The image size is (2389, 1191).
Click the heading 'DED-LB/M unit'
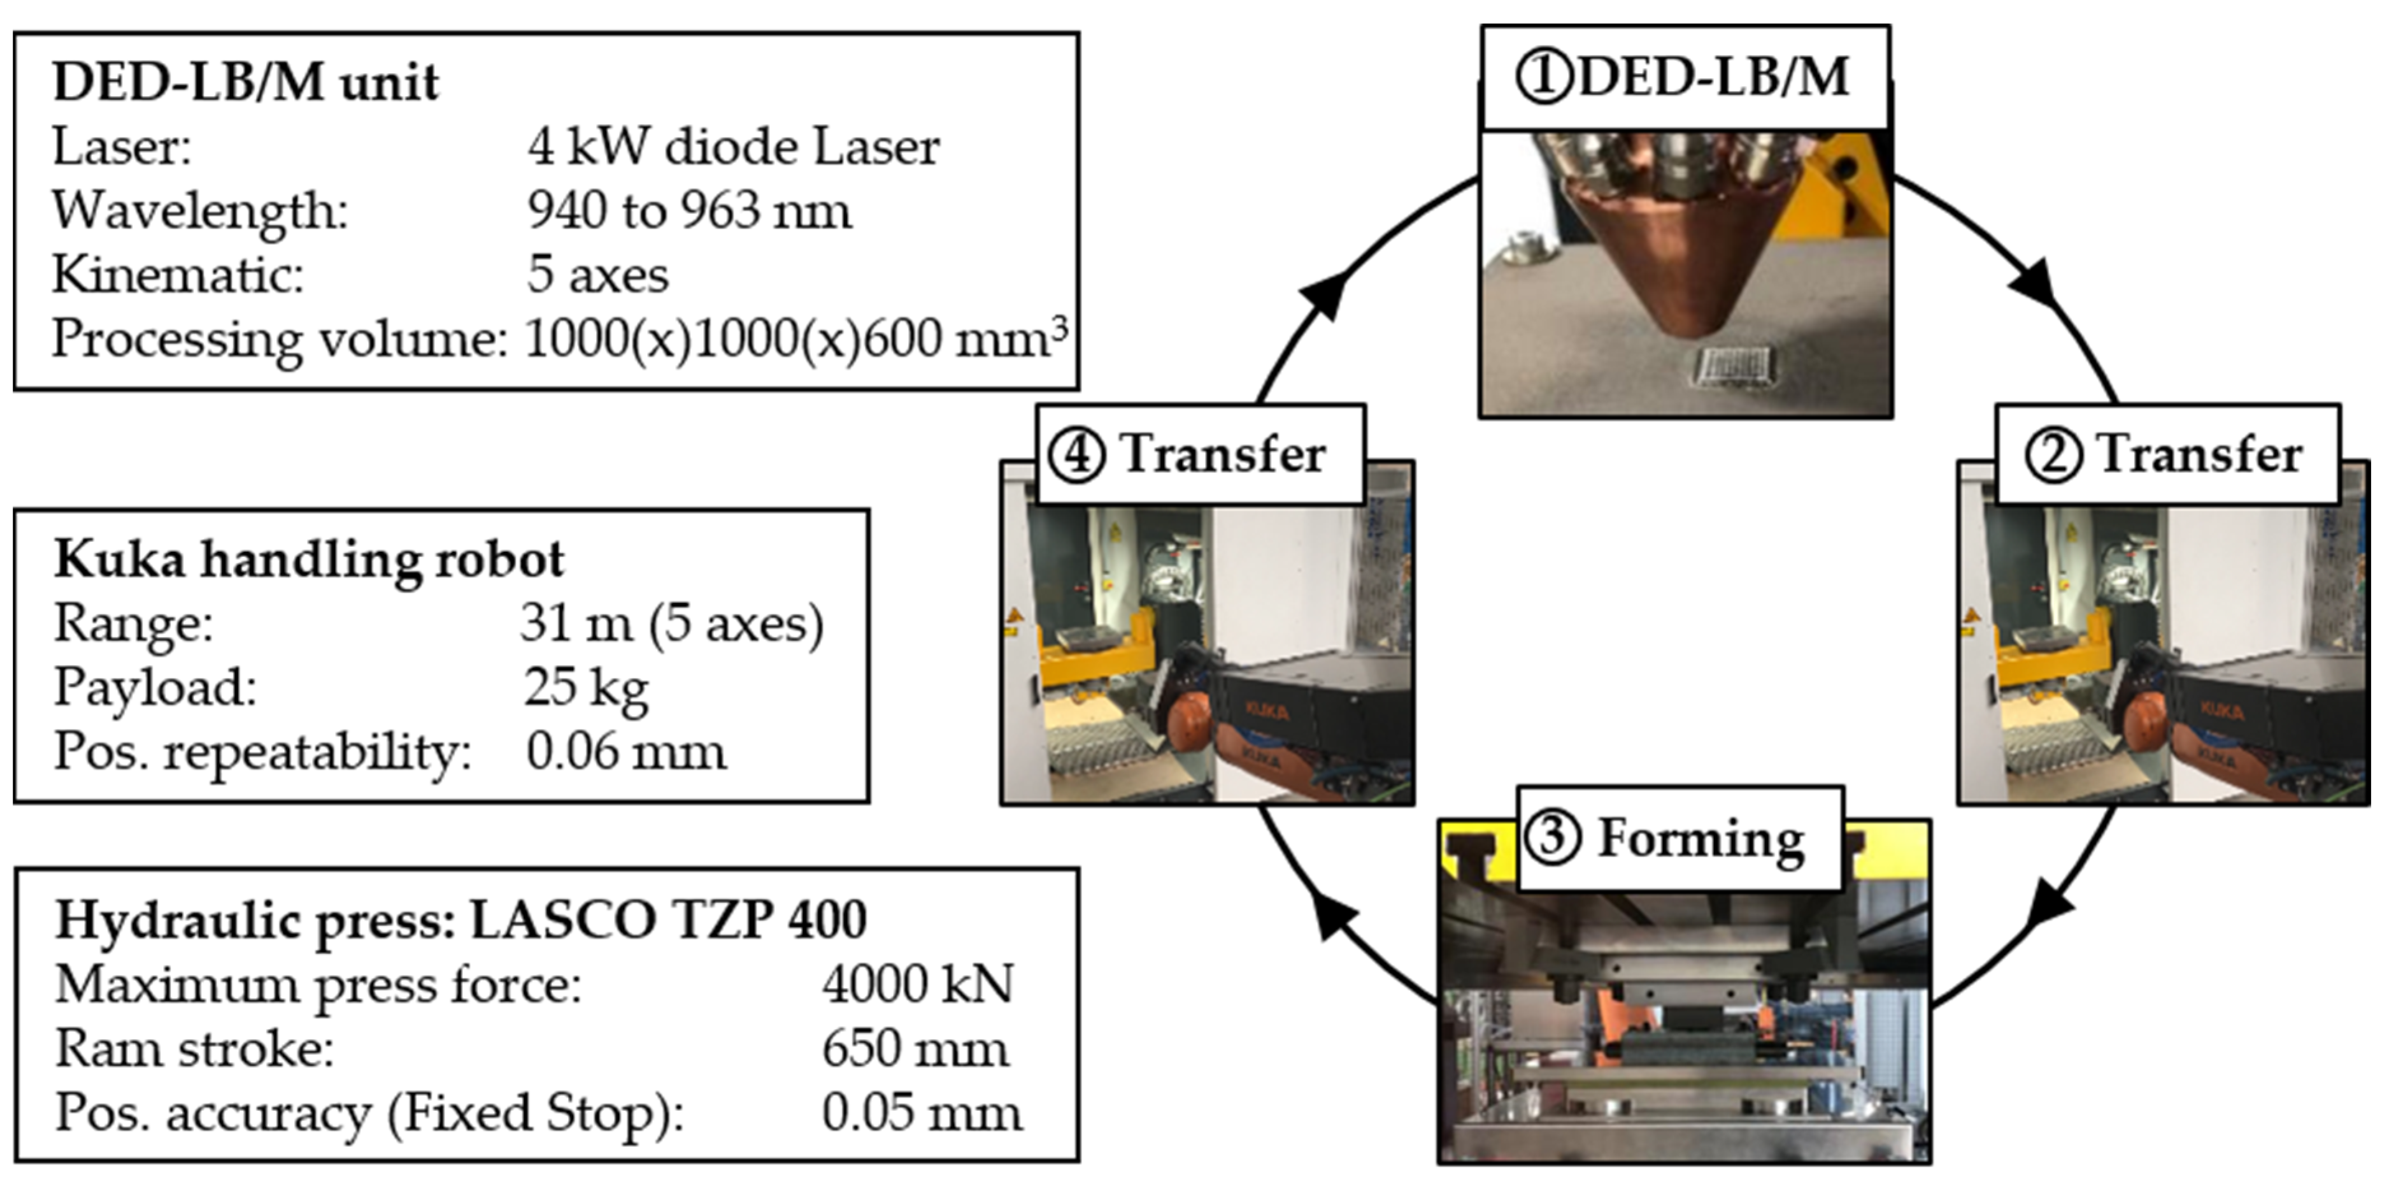[246, 83]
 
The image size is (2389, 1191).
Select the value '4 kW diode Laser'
[732, 147]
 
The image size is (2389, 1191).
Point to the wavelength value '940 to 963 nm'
[688, 212]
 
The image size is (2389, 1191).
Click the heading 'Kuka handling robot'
[309, 560]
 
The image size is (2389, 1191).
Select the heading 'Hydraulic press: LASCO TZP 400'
[461, 921]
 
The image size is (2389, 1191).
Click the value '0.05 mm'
[922, 1113]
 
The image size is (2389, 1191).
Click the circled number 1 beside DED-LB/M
[1543, 77]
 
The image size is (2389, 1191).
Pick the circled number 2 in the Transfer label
[2052, 456]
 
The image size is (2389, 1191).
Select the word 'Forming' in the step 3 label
[1700, 839]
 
